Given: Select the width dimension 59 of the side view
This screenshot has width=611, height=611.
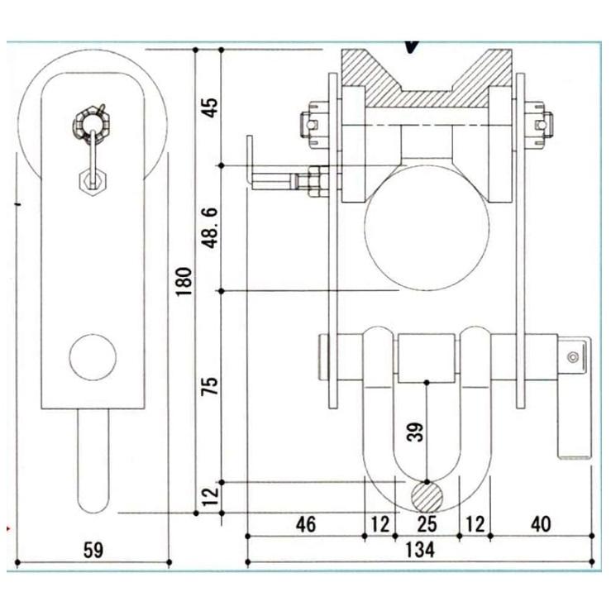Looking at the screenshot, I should [x=93, y=550].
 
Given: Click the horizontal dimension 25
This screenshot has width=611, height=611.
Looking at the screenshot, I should [x=426, y=524].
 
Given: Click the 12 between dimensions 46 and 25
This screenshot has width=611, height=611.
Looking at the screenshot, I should [x=379, y=524].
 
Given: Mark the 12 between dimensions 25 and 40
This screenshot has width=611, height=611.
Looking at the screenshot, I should [x=474, y=524].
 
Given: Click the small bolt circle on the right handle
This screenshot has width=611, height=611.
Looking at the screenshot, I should [x=571, y=357].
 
